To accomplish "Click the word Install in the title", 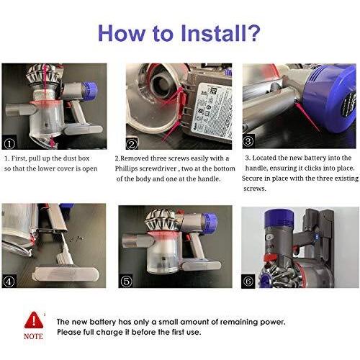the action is click(x=214, y=33).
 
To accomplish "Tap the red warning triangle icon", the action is click(x=34, y=320).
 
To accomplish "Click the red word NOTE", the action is click(x=33, y=336).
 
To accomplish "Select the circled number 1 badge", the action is click(x=9, y=144).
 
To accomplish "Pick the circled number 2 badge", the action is click(x=132, y=144).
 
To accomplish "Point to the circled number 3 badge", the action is click(x=248, y=141).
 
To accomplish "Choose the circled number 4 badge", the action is click(x=9, y=282).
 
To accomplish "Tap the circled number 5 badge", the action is click(x=126, y=281).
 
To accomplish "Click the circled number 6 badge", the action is click(x=248, y=281).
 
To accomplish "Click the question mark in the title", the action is click(x=254, y=33).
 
